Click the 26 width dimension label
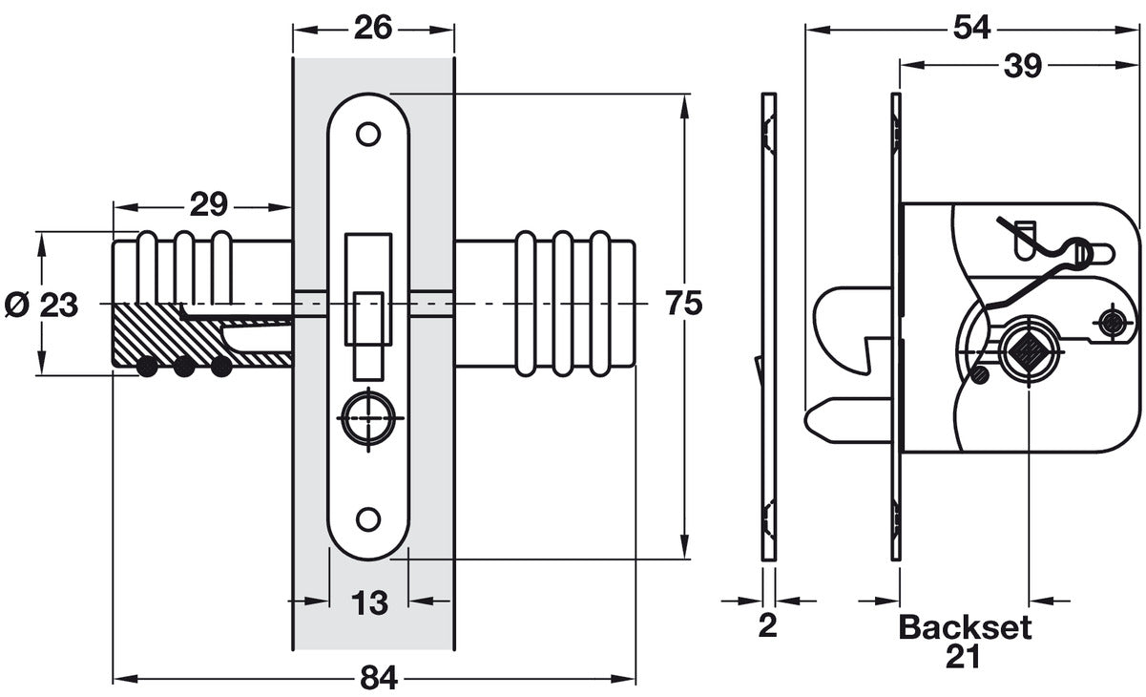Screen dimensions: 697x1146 (372, 28)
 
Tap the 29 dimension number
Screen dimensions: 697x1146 (208, 204)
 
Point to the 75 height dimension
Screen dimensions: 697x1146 (683, 304)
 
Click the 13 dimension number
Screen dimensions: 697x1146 (369, 602)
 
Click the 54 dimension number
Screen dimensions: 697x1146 (971, 28)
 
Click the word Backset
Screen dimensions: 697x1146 (965, 627)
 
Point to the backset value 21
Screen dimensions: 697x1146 (965, 656)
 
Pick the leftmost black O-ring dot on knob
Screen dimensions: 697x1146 (146, 367)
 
